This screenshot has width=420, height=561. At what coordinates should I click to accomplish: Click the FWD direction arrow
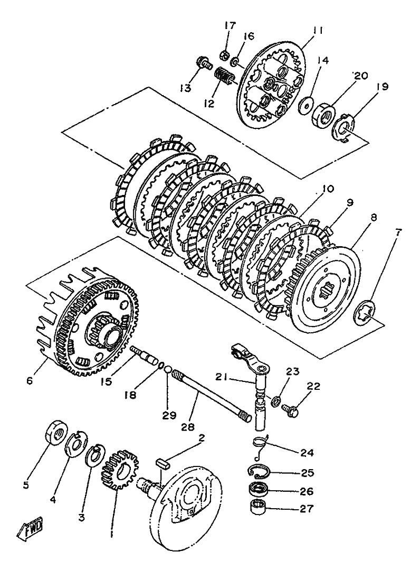tap(30, 527)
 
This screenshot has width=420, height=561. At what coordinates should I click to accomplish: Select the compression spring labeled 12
tap(224, 76)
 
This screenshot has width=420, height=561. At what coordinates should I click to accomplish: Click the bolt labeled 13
tap(204, 64)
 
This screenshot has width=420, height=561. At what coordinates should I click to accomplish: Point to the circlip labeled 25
tap(262, 473)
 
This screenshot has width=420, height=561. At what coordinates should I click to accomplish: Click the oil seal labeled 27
tap(259, 508)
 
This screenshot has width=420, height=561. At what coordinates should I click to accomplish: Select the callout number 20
tap(360, 76)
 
